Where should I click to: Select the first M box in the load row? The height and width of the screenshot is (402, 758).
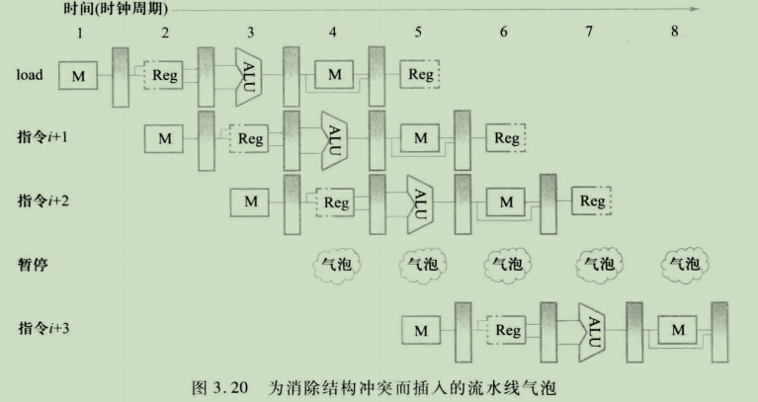(x=79, y=74)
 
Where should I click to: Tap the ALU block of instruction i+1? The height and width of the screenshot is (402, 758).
(x=334, y=137)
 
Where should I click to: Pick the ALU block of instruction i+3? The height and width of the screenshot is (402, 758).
(x=592, y=328)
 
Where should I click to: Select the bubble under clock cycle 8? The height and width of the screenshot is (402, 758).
(x=684, y=264)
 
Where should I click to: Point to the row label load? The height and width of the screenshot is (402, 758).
(x=30, y=74)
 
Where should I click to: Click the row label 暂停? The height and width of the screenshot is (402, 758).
(x=33, y=265)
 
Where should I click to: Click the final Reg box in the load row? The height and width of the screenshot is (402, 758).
(x=421, y=74)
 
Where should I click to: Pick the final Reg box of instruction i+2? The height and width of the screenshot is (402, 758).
(x=593, y=201)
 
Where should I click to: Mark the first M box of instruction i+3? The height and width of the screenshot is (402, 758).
(x=421, y=328)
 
